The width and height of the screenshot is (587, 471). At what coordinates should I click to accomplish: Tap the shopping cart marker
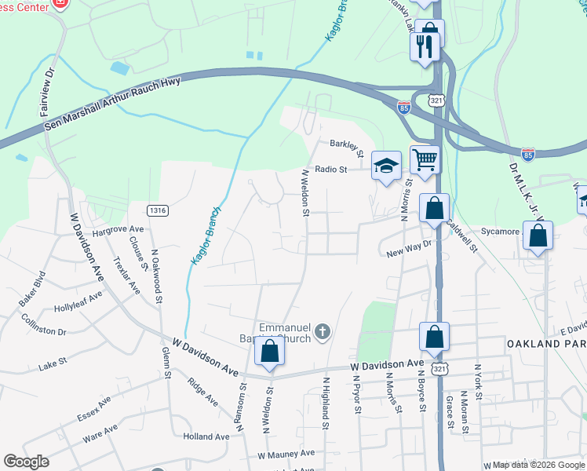[425, 160]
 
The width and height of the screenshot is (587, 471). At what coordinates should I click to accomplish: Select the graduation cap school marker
[385, 166]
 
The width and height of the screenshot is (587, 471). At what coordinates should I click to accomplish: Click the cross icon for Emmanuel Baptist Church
[322, 333]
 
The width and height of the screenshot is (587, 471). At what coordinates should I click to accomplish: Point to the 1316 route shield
[158, 210]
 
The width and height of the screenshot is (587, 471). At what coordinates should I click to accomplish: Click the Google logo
[26, 462]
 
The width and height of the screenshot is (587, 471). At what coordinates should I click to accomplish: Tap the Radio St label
[330, 169]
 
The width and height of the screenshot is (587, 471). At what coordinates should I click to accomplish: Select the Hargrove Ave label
[96, 232]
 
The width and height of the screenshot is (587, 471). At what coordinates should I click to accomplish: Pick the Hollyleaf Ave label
[78, 299]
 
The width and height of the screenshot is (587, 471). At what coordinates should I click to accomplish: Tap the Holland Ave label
[206, 436]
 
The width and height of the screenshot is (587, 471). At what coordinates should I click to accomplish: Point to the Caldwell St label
[461, 234]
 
